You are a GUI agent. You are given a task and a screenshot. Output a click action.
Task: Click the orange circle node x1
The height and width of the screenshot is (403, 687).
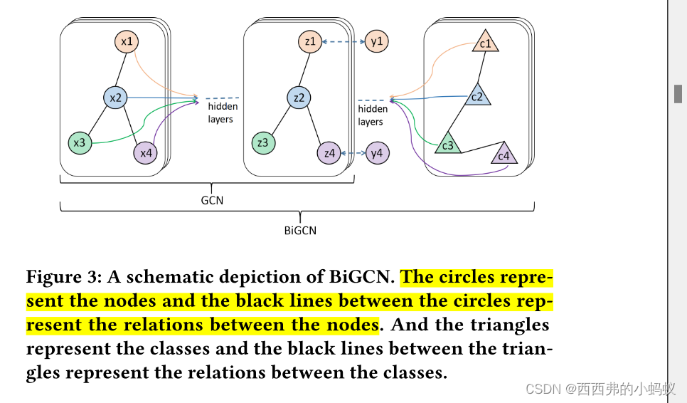tap(127, 42)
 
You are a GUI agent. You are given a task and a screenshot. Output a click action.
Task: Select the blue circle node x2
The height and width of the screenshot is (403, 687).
tap(114, 98)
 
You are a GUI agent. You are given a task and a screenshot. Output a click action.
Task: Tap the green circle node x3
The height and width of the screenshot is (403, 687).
tap(80, 143)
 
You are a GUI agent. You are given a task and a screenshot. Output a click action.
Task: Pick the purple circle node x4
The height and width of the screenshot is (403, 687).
tap(145, 152)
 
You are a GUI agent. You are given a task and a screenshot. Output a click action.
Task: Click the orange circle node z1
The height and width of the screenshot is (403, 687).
tap(309, 41)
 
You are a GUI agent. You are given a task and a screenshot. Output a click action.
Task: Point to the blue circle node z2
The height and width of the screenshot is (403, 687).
tap(299, 98)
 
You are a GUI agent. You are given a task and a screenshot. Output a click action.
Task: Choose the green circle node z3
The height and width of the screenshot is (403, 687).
tap(263, 143)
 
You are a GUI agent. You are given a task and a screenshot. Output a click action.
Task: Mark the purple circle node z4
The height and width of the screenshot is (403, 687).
tap(329, 153)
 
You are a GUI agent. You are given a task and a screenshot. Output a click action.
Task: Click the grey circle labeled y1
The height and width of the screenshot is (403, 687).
tap(377, 41)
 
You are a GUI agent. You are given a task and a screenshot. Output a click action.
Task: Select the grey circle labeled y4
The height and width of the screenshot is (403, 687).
tap(377, 153)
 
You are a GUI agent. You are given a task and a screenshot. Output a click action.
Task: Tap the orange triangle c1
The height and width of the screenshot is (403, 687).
tap(486, 43)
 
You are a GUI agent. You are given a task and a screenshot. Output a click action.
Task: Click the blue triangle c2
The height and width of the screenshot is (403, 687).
tap(477, 96)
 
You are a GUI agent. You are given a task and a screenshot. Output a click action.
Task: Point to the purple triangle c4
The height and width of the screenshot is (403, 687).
tap(504, 155)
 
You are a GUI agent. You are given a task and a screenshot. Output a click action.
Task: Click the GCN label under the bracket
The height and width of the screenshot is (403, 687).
tap(212, 200)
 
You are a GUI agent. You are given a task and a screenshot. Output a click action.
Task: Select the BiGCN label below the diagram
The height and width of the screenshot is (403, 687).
tap(299, 230)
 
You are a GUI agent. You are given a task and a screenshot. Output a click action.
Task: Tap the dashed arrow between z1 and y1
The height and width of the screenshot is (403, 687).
tap(343, 42)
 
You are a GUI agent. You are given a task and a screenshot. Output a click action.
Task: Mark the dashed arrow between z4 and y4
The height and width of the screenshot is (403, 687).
tap(353, 153)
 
